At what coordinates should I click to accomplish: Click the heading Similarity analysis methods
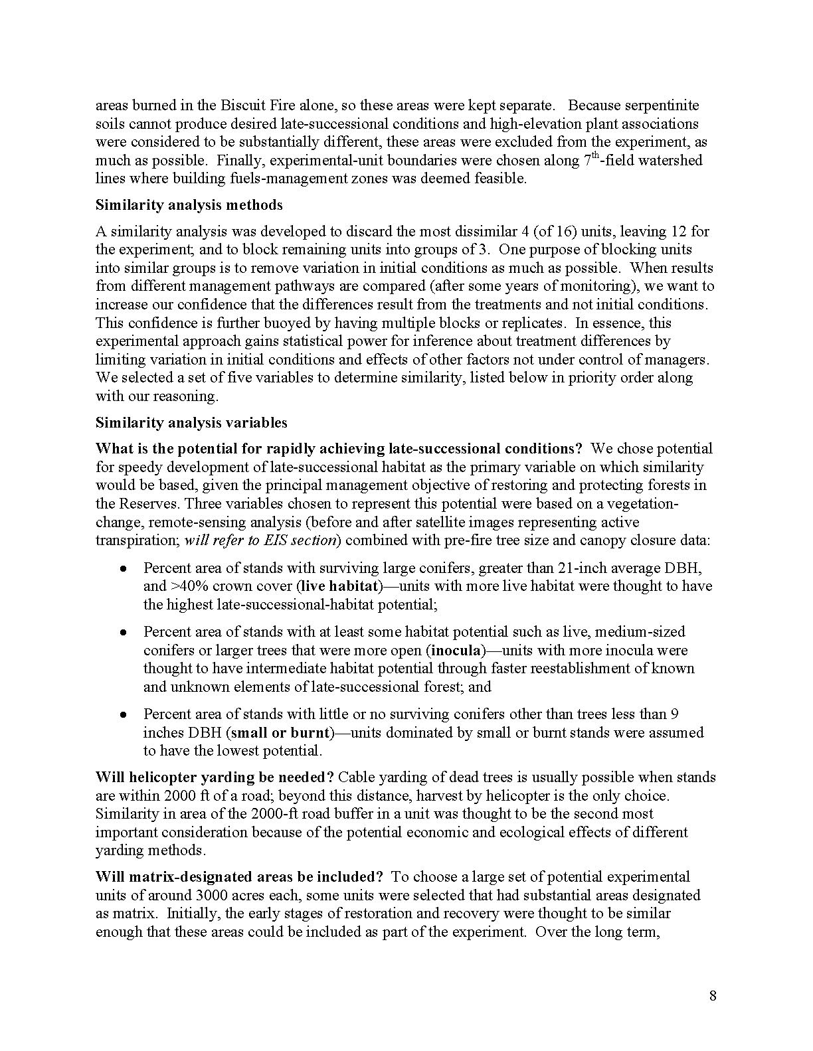189,205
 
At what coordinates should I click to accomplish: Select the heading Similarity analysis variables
191,423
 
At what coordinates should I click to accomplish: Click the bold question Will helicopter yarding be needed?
215,777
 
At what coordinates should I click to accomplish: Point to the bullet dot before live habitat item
123,569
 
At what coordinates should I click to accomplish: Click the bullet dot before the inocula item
123,633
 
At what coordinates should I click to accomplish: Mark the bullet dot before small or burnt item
123,715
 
